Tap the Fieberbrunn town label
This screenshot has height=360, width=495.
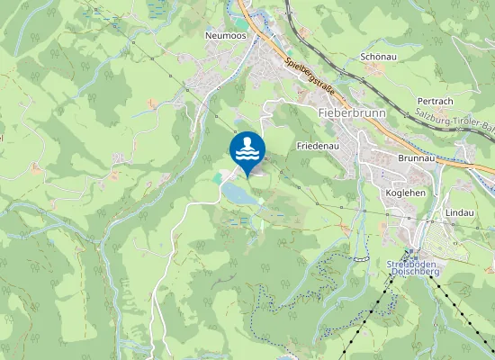tap(352, 113)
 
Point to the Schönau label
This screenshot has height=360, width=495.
tap(378, 56)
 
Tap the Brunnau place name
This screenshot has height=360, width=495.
tap(414, 157)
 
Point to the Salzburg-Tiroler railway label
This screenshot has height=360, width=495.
tap(454, 121)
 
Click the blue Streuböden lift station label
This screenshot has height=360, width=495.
tap(412, 263)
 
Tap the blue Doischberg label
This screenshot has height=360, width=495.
tap(413, 271)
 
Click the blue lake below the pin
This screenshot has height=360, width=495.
tap(239, 193)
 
